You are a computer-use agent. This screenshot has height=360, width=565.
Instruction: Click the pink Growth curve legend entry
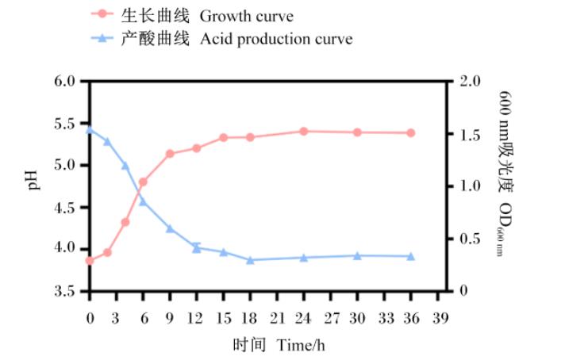tap(206, 14)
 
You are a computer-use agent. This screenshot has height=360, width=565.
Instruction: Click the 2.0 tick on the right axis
tap(470, 81)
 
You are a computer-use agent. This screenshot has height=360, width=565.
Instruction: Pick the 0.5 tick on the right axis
tap(470, 239)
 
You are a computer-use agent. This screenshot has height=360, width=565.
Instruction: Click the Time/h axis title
tap(279, 346)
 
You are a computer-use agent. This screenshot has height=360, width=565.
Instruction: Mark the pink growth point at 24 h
tap(303, 131)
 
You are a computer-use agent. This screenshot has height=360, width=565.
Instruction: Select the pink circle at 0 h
tap(90, 260)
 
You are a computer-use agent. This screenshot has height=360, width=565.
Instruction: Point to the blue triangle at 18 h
tap(250, 259)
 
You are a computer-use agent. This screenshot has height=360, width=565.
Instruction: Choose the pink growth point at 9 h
tap(170, 154)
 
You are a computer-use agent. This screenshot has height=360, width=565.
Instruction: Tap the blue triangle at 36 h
tap(411, 256)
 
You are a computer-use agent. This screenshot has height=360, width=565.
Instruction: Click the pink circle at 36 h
tap(411, 133)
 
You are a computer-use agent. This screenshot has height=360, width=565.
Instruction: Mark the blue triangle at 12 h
tap(196, 247)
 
